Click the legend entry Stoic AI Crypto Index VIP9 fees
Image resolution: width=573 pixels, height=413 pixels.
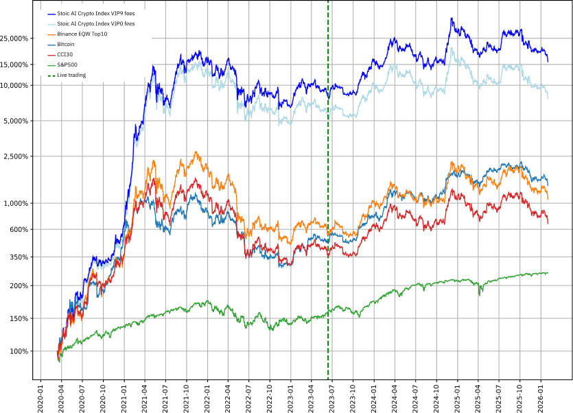pyautogui.click(x=96, y=14)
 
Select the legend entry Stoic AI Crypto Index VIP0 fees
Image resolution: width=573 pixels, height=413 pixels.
pyautogui.click(x=96, y=24)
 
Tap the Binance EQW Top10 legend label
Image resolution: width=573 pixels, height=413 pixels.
pyautogui.click(x=82, y=34)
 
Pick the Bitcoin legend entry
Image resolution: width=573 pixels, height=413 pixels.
pyautogui.click(x=66, y=44)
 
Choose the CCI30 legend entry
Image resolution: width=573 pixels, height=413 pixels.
pyautogui.click(x=65, y=54)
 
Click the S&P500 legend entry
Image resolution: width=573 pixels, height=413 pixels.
pyautogui.click(x=67, y=64)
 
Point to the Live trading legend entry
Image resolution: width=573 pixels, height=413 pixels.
pyautogui.click(x=71, y=75)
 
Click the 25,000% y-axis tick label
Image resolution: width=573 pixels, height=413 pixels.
pyautogui.click(x=14, y=38)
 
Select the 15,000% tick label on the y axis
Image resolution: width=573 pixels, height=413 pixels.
pyautogui.click(x=14, y=64)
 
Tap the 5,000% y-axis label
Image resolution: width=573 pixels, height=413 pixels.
pyautogui.click(x=16, y=121)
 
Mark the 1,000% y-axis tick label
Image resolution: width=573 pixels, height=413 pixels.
pyautogui.click(x=16, y=203)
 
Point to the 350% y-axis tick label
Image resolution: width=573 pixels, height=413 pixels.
pyautogui.click(x=19, y=257)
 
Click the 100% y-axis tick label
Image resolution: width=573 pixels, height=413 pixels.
pyautogui.click(x=19, y=351)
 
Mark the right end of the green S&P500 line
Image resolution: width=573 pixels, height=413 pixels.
pyautogui.click(x=548, y=272)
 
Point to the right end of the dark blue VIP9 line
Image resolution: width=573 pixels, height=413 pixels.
pyautogui.click(x=548, y=62)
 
